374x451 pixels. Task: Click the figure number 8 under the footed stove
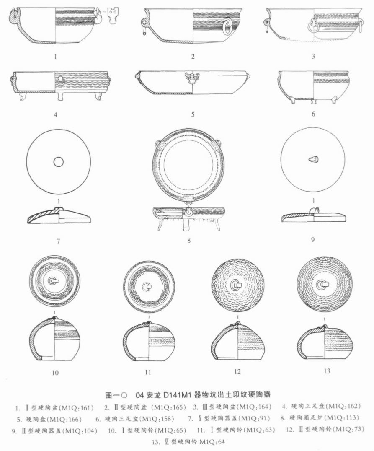(188, 240)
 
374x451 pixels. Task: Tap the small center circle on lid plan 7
(58, 162)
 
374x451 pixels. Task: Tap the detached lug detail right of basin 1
(113, 16)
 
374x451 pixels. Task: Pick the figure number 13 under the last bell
(327, 371)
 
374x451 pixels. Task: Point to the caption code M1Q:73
(348, 429)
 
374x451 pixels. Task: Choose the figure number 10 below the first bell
(55, 373)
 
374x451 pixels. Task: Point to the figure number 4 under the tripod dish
(55, 114)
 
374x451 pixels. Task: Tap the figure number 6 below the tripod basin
(313, 114)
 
